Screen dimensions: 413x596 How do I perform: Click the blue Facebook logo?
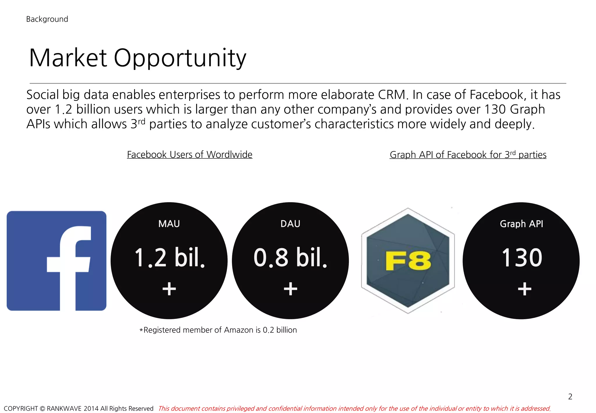tap(56, 261)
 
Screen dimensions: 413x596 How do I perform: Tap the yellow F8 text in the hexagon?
tap(408, 261)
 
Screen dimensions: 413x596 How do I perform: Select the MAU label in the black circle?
tap(169, 224)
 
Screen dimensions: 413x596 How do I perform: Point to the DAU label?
tap(290, 224)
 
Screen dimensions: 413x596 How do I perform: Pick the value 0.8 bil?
tap(290, 257)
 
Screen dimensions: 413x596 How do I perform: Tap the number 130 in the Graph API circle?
tap(522, 257)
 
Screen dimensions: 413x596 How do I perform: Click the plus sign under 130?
tap(524, 289)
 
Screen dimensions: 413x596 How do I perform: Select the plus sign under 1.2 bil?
tap(169, 289)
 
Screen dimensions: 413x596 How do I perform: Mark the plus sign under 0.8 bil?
tap(290, 289)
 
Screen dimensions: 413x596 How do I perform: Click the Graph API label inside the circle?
tap(521, 224)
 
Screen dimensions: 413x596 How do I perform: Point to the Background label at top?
tap(47, 19)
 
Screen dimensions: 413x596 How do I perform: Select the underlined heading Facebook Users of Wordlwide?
tap(189, 154)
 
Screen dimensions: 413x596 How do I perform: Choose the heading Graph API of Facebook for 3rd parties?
tap(468, 154)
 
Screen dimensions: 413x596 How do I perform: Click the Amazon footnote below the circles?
tap(218, 330)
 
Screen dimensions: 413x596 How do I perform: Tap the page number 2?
tap(570, 396)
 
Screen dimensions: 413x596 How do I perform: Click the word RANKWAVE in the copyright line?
tap(64, 408)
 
